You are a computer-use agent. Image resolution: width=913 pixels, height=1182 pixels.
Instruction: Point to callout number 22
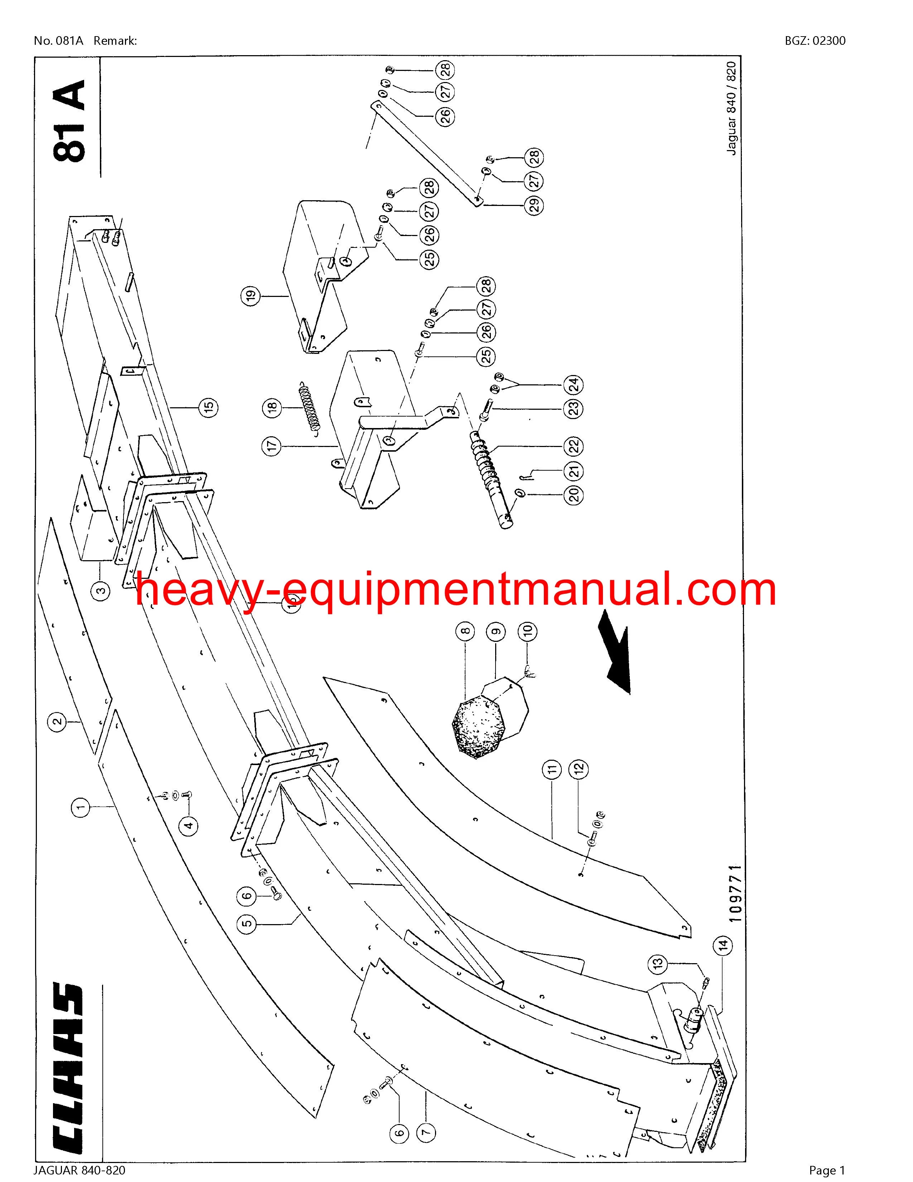pos(574,447)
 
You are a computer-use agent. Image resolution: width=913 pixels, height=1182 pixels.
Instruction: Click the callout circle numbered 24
pos(574,385)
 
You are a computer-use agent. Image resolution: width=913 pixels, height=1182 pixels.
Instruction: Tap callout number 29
pos(535,206)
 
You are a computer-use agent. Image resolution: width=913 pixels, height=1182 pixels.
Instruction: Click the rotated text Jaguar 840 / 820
pos(731,108)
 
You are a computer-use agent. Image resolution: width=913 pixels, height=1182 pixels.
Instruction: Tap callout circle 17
pos(272,446)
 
